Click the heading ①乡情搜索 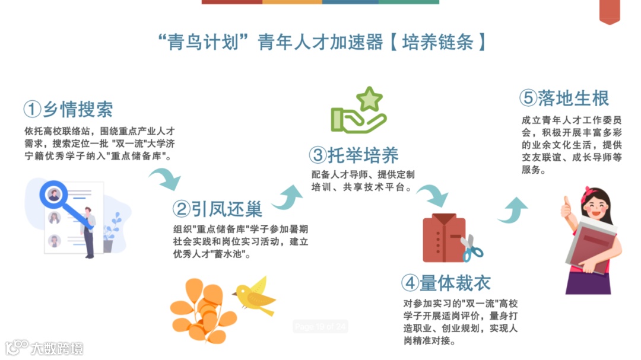(x=68, y=109)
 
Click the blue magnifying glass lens (x=54, y=194)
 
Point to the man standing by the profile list (x=88, y=231)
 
